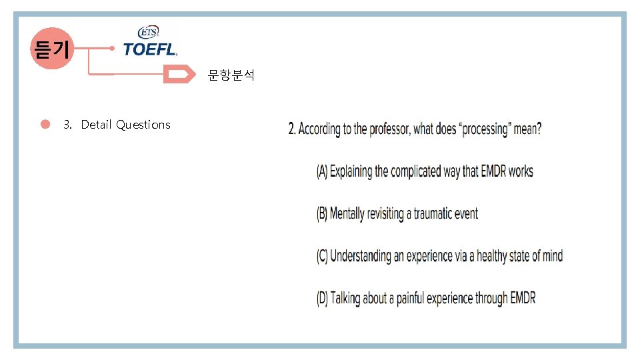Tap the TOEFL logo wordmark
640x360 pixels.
pyautogui.click(x=150, y=49)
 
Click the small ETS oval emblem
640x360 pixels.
pyautogui.click(x=147, y=32)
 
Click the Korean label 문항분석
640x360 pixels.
pyautogui.click(x=231, y=75)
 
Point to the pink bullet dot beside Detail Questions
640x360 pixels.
pyautogui.click(x=45, y=124)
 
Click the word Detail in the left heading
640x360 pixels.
pyautogui.click(x=96, y=125)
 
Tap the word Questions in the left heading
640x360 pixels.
pyautogui.click(x=143, y=125)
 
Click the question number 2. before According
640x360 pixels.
pyautogui.click(x=292, y=129)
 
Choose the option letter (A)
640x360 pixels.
pyautogui.click(x=322, y=172)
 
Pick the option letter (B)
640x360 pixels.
pyautogui.click(x=322, y=214)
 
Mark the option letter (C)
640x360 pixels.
pyautogui.click(x=322, y=256)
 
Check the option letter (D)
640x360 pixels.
pyautogui.click(x=322, y=298)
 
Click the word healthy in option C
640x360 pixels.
pyautogui.click(x=489, y=256)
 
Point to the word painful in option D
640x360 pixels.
pyautogui.click(x=411, y=298)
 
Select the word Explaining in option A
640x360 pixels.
pyautogui.click(x=351, y=172)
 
